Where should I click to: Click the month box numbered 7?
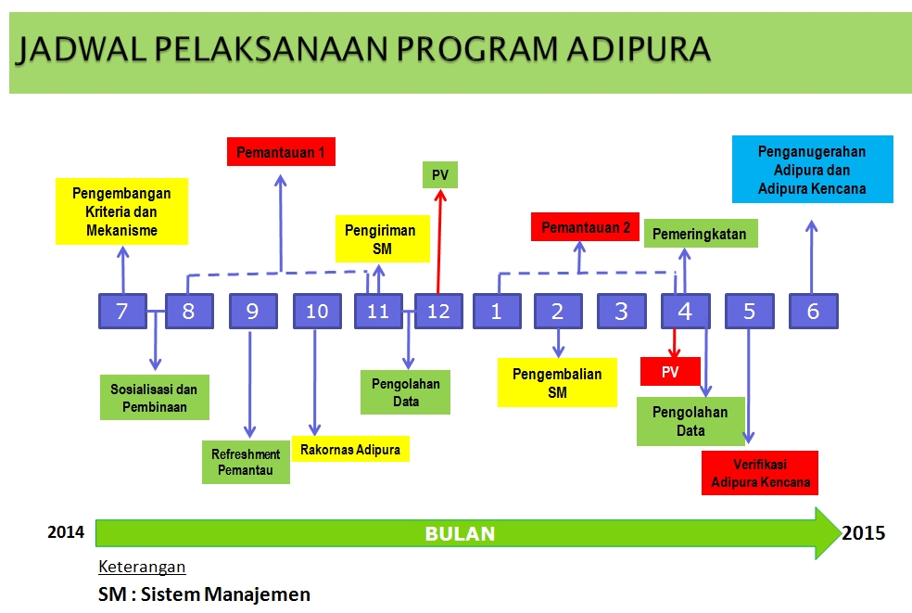(x=122, y=312)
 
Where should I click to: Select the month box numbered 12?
(x=438, y=312)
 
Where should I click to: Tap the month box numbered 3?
(x=621, y=312)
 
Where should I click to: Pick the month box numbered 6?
(x=813, y=312)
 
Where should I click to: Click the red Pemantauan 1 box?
(x=281, y=152)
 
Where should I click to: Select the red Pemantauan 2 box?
(x=585, y=227)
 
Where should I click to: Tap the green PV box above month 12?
(x=440, y=174)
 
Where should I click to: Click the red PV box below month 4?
(x=670, y=371)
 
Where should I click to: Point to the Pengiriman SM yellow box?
(x=382, y=239)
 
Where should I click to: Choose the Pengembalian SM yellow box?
(x=557, y=382)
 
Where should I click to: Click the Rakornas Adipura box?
(x=350, y=449)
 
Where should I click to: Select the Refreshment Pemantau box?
(x=246, y=462)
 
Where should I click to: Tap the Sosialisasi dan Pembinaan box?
(x=154, y=398)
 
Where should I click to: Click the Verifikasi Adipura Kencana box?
(x=760, y=473)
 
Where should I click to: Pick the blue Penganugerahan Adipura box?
(x=813, y=170)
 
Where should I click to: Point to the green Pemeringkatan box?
(x=701, y=234)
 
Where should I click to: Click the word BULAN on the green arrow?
(x=460, y=534)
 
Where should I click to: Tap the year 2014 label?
(x=66, y=532)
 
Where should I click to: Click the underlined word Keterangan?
(x=142, y=567)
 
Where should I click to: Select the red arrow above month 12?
(x=439, y=242)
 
